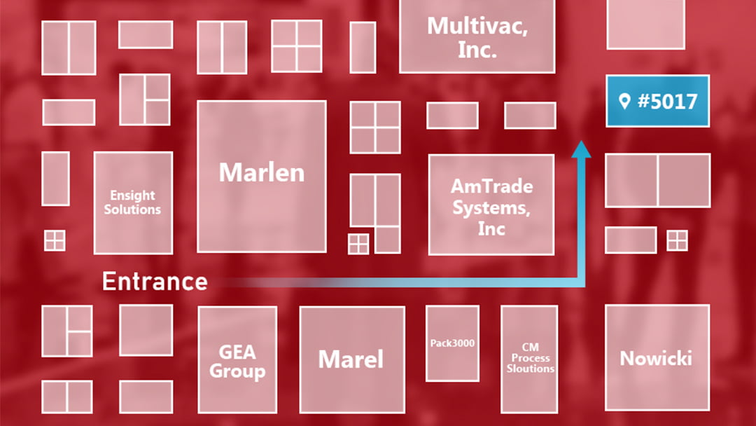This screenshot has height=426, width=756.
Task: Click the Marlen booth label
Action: click(x=262, y=172)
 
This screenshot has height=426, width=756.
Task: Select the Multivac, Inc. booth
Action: click(x=477, y=36)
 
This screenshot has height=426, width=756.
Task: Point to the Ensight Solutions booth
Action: click(x=132, y=202)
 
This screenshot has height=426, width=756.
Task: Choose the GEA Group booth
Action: click(x=237, y=359)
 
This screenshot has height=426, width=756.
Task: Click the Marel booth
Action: click(x=351, y=359)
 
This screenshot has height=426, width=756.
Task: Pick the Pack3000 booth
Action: click(x=452, y=343)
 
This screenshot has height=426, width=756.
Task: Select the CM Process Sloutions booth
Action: click(x=530, y=357)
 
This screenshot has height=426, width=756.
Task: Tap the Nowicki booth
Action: click(x=656, y=359)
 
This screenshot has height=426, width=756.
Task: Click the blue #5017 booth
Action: click(x=657, y=101)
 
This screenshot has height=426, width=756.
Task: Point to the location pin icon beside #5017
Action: click(x=624, y=102)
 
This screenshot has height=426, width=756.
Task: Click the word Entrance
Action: click(x=155, y=282)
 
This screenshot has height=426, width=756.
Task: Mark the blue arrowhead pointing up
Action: click(x=581, y=149)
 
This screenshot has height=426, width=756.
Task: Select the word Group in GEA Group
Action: click(x=237, y=371)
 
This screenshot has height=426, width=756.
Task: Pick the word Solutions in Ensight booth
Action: click(x=132, y=209)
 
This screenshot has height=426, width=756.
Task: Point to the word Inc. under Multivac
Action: click(x=477, y=50)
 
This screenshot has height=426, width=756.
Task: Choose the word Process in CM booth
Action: click(x=530, y=358)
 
